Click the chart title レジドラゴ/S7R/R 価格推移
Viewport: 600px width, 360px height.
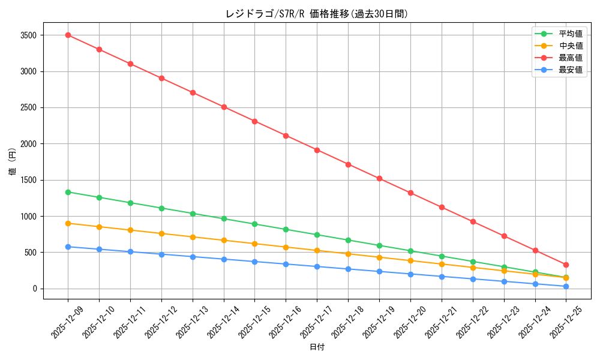pos(317,14)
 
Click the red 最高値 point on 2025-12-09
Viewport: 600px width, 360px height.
pos(68,35)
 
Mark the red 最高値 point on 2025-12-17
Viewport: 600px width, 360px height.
pos(317,150)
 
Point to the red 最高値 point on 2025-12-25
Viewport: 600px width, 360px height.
pos(566,265)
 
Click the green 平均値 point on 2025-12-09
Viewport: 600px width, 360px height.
pos(68,192)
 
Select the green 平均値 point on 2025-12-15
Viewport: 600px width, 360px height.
pos(254,224)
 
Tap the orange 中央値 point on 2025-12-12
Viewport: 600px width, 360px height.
pos(161,233)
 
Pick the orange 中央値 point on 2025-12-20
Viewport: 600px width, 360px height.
pos(410,260)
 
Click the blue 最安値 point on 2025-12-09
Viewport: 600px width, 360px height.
pos(68,247)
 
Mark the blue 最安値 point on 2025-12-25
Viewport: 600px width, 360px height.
pos(566,286)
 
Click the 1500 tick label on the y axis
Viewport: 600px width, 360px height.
pos(28,180)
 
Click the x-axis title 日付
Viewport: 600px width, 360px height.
pos(317,347)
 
